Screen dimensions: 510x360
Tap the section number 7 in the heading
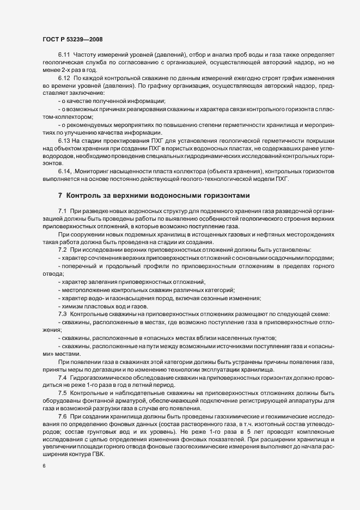click(x=60, y=195)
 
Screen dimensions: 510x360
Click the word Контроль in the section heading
click(x=85, y=195)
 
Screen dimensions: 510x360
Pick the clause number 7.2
click(x=62, y=250)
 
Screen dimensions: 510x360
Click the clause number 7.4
click(x=62, y=378)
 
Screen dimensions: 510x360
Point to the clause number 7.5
click(x=62, y=393)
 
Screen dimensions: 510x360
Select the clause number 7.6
click(x=62, y=416)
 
